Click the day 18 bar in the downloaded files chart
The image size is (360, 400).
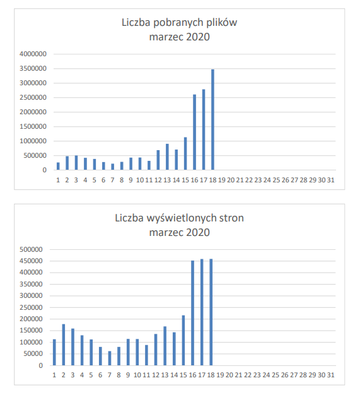(x=212, y=120)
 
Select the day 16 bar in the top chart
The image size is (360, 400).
(x=195, y=132)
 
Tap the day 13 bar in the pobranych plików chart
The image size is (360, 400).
(x=167, y=157)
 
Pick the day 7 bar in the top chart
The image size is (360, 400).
(x=113, y=167)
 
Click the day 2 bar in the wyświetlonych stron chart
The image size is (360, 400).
(x=64, y=344)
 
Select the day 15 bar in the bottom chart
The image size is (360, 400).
(x=183, y=340)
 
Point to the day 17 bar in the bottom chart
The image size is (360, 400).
(x=202, y=312)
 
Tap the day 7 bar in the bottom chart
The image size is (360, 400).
(x=110, y=358)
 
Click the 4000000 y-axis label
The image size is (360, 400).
(x=33, y=54)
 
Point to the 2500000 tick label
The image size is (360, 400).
(x=33, y=97)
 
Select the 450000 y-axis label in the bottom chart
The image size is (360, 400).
(x=31, y=261)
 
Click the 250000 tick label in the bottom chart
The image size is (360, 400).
(x=31, y=307)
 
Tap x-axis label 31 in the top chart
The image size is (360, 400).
(x=330, y=180)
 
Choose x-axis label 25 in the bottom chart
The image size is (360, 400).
(x=276, y=375)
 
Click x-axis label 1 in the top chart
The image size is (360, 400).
(x=58, y=180)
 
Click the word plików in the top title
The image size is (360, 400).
(x=221, y=23)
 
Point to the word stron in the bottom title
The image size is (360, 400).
(x=231, y=218)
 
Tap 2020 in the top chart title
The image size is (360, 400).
(x=198, y=37)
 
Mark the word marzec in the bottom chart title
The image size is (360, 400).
(x=166, y=233)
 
